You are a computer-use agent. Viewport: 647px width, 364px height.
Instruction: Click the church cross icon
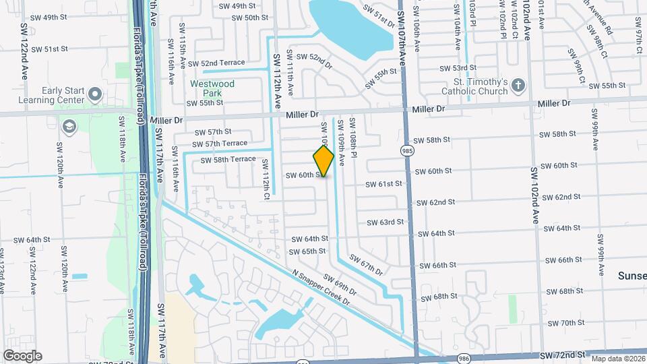pyautogui.click(x=518, y=86)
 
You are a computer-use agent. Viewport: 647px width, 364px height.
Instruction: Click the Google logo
pyautogui.click(x=22, y=356)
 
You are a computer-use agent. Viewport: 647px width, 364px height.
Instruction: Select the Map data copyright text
pyautogui.click(x=616, y=359)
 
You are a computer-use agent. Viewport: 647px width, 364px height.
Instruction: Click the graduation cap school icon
pyautogui.click(x=69, y=126)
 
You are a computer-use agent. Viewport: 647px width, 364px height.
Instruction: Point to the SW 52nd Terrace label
pyautogui.click(x=222, y=62)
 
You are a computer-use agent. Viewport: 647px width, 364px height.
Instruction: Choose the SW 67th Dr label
pyautogui.click(x=366, y=267)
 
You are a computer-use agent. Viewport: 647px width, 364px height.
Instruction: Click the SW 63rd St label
pyautogui.click(x=386, y=222)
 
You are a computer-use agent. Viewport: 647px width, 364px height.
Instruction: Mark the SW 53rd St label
pyautogui.click(x=458, y=68)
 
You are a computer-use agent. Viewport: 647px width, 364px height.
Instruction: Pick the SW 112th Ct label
pyautogui.click(x=266, y=179)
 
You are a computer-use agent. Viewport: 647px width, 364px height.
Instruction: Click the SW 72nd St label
pyautogui.click(x=562, y=355)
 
